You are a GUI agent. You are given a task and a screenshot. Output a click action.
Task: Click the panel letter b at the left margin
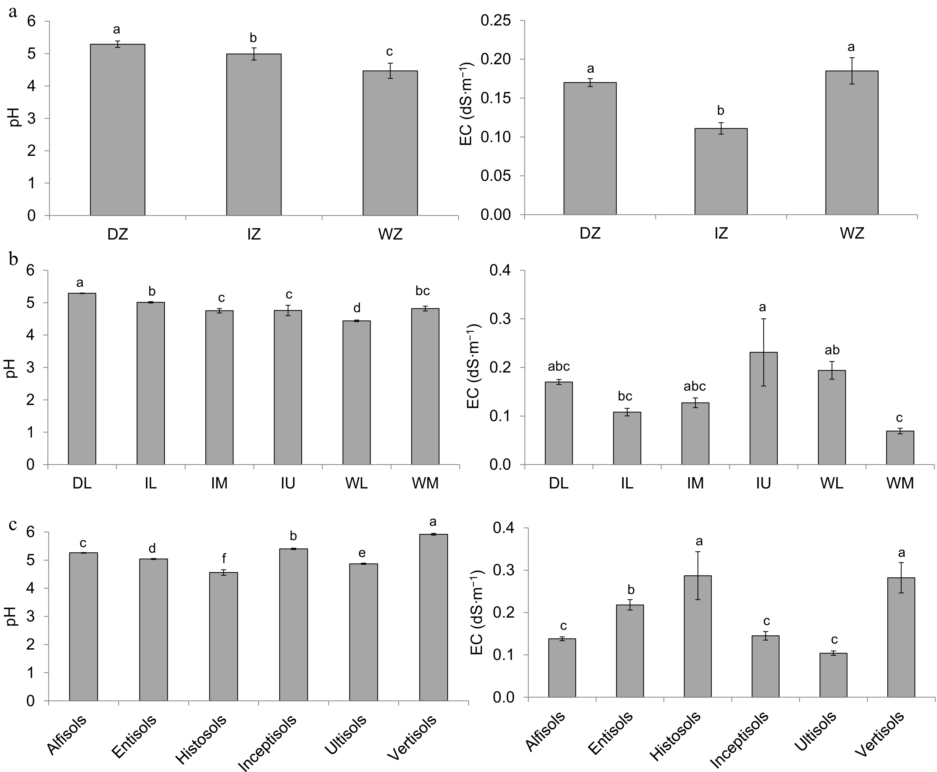point(13,259)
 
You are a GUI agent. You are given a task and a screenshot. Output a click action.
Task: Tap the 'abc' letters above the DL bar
point(558,367)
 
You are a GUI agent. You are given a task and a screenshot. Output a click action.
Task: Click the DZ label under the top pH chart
point(118,234)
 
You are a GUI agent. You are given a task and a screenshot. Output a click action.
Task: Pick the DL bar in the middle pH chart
point(82,379)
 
